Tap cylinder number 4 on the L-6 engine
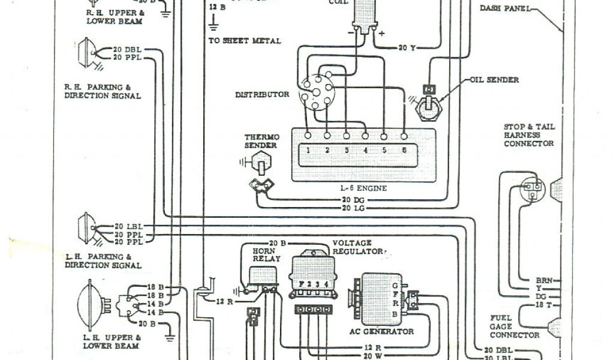point(365,151)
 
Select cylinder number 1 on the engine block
point(307,151)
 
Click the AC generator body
point(375,298)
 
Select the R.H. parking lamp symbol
point(88,53)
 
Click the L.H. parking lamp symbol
point(88,228)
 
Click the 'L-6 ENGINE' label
point(363,188)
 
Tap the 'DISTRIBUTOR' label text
point(262,94)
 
